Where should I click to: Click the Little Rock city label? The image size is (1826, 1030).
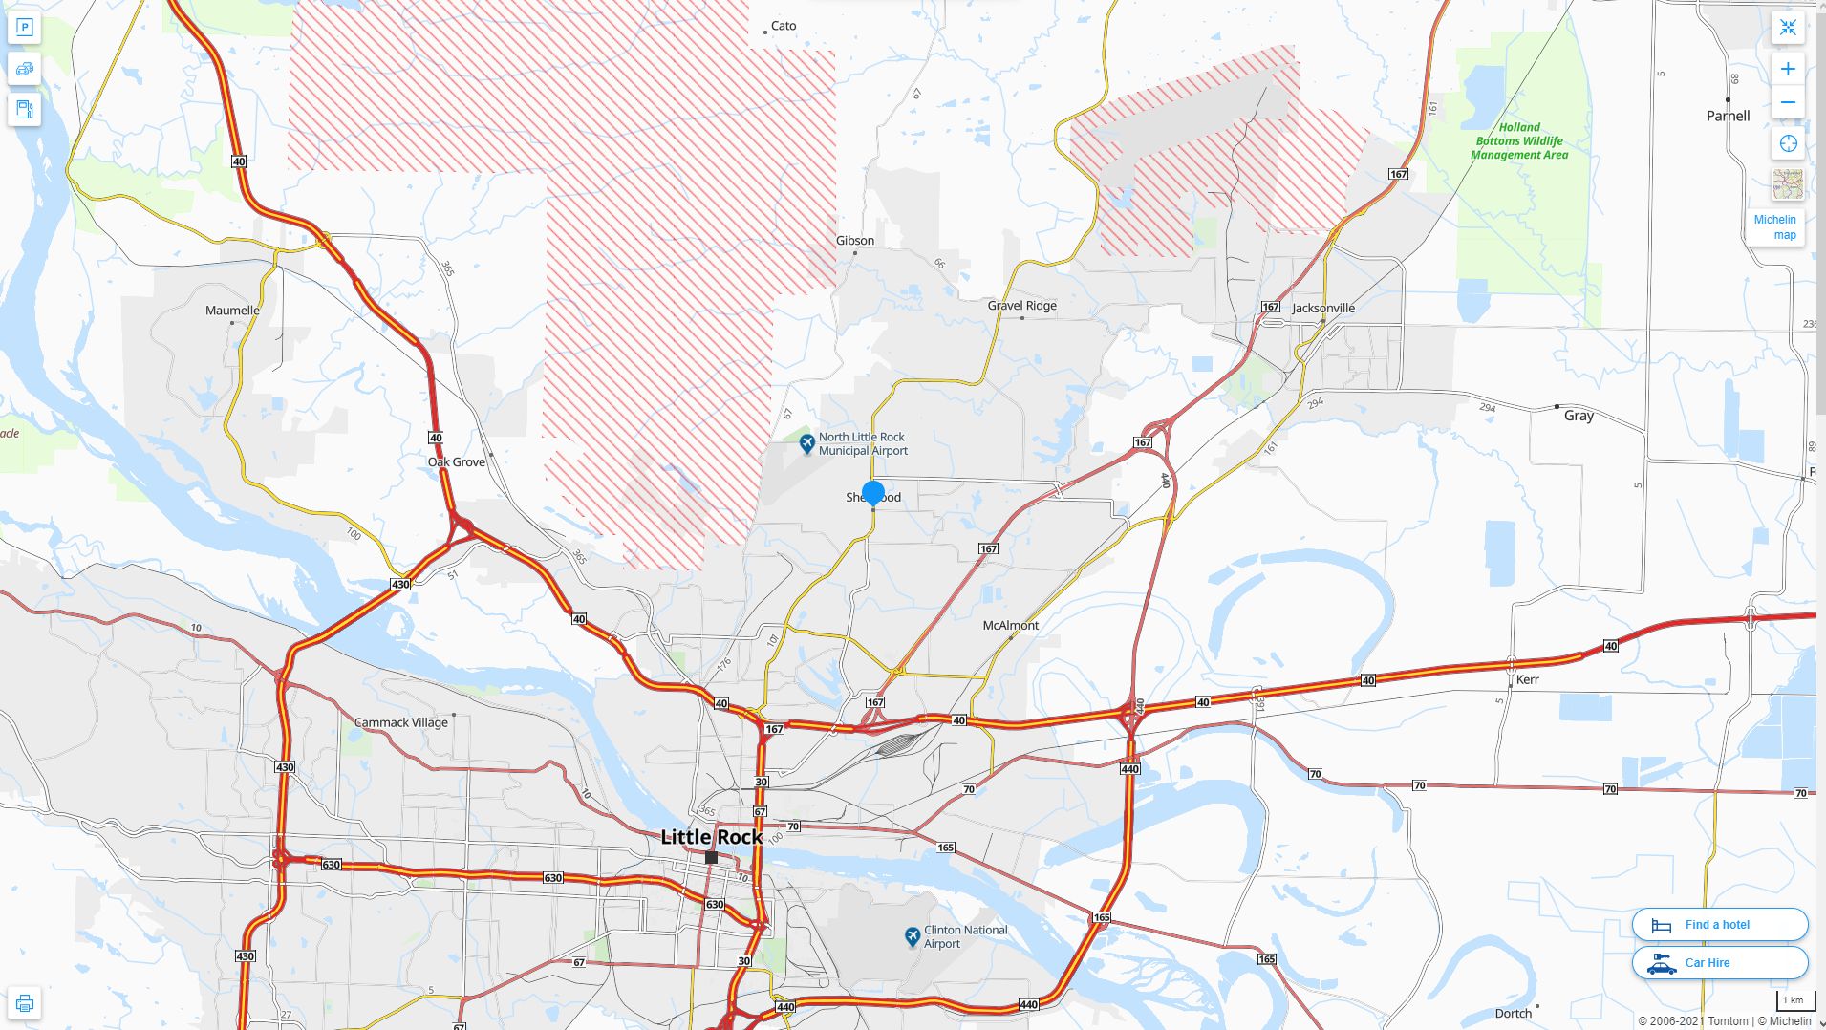tap(711, 837)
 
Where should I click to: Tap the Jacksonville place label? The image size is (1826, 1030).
tap(1322, 308)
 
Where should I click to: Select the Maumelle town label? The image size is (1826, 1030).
tap(232, 311)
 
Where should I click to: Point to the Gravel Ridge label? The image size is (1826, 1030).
tap(1021, 306)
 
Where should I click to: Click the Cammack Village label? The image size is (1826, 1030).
tap(400, 722)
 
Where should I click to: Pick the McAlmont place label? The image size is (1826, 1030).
tap(1010, 625)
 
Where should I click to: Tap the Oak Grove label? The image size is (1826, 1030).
tap(456, 461)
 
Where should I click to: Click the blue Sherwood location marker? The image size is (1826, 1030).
tap(872, 493)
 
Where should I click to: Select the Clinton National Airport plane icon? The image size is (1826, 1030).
tap(912, 936)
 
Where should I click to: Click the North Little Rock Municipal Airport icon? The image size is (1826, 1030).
tap(806, 443)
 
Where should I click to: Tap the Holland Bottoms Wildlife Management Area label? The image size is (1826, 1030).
tap(1518, 140)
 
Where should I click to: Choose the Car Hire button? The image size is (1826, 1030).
tap(1719, 962)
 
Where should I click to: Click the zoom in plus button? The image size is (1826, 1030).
tap(1788, 69)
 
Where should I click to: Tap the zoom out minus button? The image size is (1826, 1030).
tap(1788, 102)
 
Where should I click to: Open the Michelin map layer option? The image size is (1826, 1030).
tap(1776, 226)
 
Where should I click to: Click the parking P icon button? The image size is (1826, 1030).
tap(25, 28)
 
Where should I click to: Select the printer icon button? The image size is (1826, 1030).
tap(25, 1003)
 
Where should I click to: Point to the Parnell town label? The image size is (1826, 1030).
tap(1728, 116)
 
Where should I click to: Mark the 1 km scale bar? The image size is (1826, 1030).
tap(1794, 1001)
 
